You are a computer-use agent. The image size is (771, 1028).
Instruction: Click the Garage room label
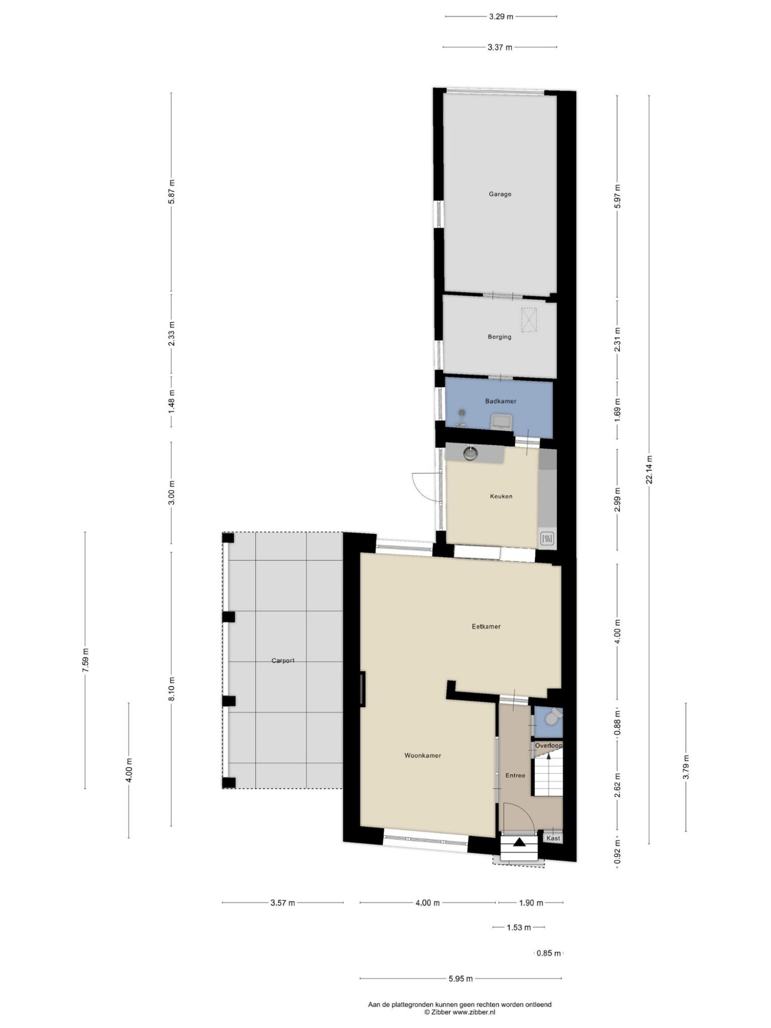500,194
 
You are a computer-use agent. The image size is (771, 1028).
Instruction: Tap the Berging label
500,337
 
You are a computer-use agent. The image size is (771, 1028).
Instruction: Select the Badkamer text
501,401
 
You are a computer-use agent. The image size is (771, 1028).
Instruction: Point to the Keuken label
501,497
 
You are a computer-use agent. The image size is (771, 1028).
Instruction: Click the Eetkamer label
486,626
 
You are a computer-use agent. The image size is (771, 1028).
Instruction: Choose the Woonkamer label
423,756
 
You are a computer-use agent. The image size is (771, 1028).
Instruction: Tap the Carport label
283,660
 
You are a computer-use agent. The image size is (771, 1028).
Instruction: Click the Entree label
515,775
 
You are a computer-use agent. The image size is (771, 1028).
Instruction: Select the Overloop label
548,745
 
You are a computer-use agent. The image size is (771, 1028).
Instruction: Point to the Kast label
554,838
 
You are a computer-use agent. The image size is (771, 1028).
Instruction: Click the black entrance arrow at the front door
519,842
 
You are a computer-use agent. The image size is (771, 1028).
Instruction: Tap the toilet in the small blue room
552,717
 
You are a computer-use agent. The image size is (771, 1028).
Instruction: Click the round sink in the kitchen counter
470,453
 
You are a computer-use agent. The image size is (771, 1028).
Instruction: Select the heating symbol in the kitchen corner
547,539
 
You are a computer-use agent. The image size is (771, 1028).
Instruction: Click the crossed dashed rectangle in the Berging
529,320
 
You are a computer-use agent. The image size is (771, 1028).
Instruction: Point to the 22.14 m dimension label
649,469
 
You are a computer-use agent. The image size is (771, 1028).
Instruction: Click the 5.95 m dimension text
461,978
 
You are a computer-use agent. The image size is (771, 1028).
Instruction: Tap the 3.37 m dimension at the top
500,47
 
